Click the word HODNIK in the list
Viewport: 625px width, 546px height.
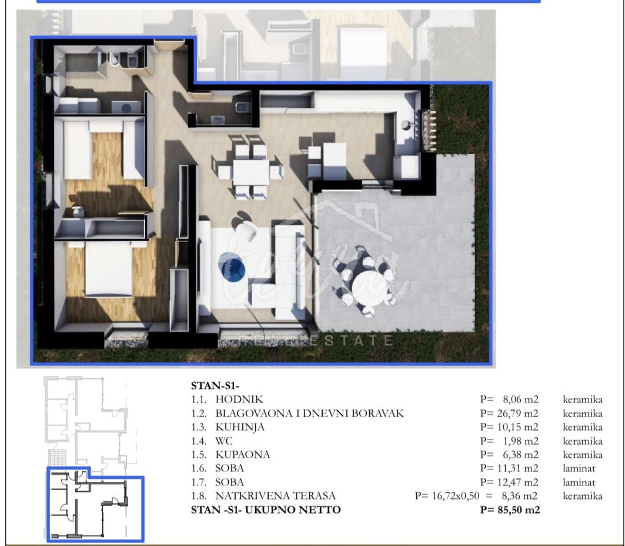[239, 399]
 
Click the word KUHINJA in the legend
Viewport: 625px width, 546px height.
[240, 427]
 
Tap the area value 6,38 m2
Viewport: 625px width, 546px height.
[520, 455]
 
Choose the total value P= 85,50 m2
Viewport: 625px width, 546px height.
[510, 510]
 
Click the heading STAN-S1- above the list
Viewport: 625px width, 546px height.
[215, 385]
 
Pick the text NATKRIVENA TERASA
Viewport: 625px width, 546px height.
[275, 496]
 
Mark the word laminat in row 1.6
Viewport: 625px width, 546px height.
[579, 468]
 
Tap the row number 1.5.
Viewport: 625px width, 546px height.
[199, 455]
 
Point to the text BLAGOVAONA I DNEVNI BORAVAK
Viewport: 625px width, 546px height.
[310, 413]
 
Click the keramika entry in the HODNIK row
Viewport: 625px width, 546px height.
[582, 399]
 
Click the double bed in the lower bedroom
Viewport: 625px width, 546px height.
[108, 269]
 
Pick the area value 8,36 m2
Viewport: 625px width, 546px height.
[519, 496]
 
